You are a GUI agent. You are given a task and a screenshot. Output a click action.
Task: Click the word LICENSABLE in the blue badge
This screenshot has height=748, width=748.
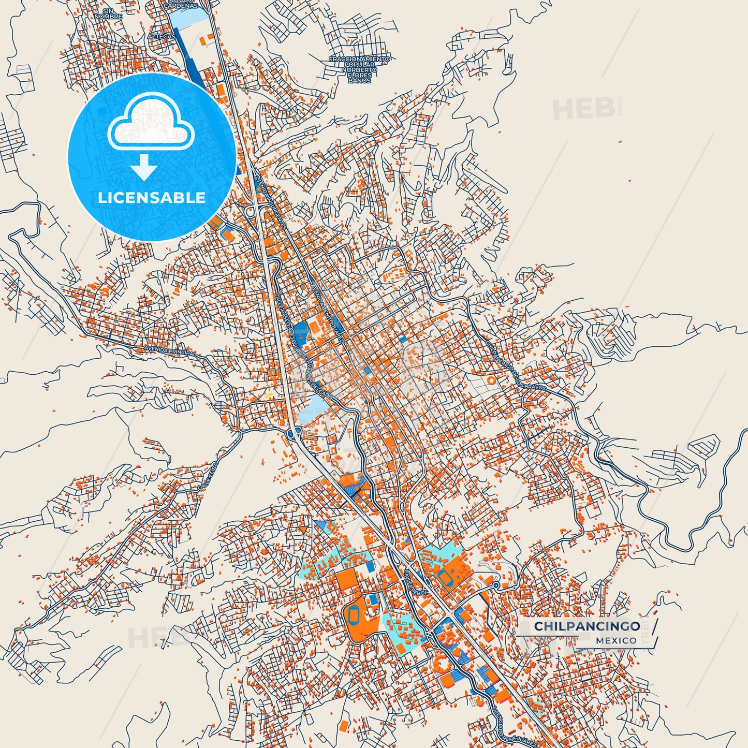[x=152, y=198]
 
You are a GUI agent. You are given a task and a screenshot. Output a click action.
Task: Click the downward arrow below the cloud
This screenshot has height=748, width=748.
[x=144, y=167]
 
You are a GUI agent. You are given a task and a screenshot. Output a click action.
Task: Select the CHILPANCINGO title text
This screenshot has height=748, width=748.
[x=587, y=626]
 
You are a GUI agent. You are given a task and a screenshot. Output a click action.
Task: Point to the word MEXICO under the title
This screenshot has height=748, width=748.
[x=616, y=640]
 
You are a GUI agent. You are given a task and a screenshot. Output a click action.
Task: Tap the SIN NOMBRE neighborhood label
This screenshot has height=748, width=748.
[x=108, y=14]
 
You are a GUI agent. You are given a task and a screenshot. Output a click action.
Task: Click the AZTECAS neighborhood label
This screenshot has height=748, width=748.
[x=161, y=37]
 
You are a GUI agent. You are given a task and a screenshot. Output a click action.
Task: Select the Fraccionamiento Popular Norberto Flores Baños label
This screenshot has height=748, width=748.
[x=359, y=70]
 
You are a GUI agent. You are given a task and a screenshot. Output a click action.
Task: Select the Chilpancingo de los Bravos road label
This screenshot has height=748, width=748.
[x=515, y=365]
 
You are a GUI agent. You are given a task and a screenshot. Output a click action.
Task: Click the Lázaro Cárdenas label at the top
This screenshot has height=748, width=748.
[x=181, y=4]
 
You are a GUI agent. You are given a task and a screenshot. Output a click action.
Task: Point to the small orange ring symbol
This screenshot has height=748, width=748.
[x=491, y=380]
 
